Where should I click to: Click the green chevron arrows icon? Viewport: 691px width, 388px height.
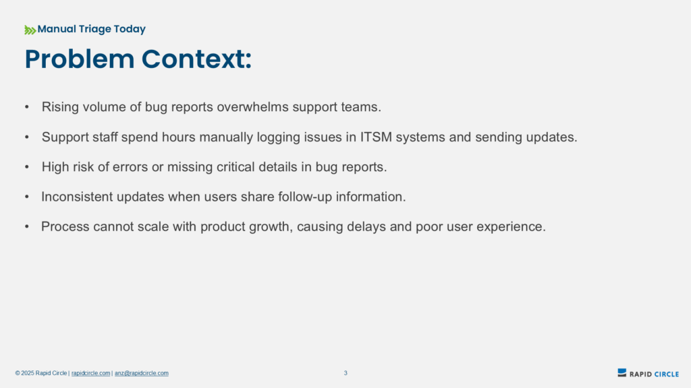coord(30,30)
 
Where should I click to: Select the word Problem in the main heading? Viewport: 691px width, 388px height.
coord(80,59)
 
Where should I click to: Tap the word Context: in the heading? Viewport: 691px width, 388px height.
coord(196,59)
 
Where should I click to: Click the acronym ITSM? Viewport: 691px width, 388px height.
coord(376,137)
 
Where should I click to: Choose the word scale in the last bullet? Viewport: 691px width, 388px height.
coord(153,226)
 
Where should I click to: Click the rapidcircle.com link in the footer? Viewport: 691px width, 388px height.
coord(91,373)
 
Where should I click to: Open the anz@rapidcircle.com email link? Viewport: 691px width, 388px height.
coord(142,373)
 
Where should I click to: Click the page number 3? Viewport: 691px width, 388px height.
coord(345,373)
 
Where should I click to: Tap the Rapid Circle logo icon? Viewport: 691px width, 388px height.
coord(621,373)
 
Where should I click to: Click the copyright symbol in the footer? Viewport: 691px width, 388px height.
coord(18,373)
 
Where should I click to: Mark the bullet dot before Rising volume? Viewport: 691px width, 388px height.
coord(27,107)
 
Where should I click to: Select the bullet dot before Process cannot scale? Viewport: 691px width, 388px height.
coord(27,226)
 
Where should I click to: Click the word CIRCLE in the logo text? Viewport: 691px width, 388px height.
coord(666,375)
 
